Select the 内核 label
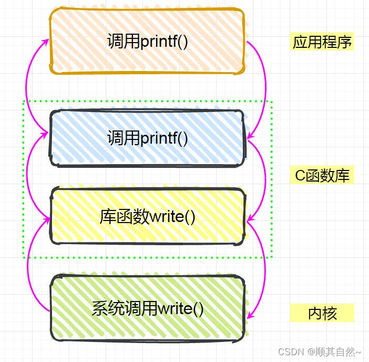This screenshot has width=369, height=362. tap(322, 314)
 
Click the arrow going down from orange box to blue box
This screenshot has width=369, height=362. tap(263, 87)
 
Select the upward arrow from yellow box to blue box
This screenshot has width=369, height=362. tap(28, 176)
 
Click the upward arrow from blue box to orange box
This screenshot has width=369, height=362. tap(29, 84)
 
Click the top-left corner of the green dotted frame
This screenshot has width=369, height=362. tap(24, 101)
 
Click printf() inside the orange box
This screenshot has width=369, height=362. tap(164, 42)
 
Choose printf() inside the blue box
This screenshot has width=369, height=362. tap(164, 138)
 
